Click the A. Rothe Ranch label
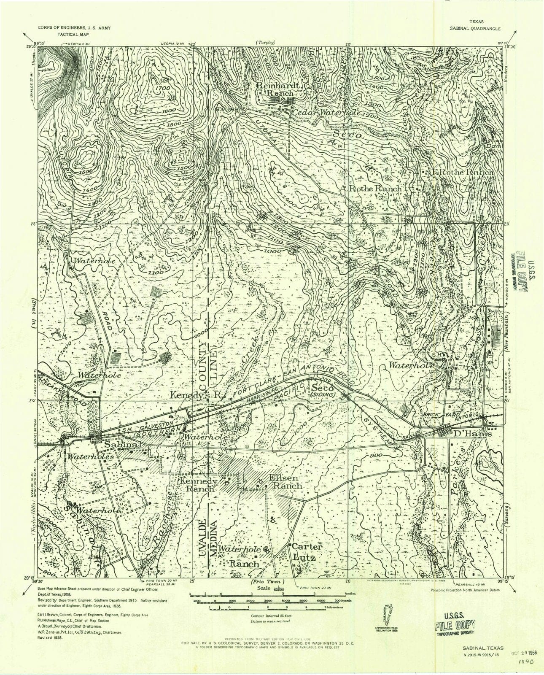[x=372, y=188]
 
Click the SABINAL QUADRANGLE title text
[x=475, y=30]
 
